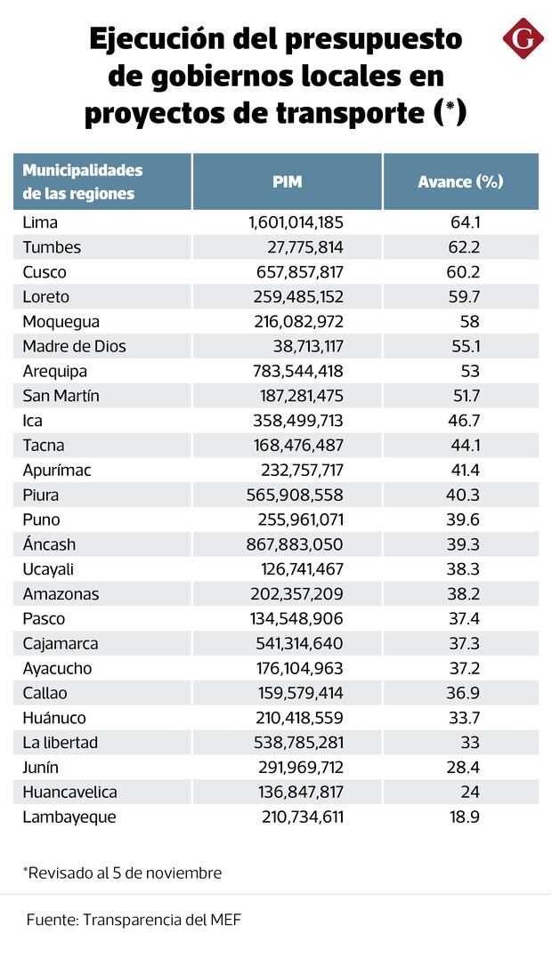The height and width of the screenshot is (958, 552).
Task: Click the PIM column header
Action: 287,181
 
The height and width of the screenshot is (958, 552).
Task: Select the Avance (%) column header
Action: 460,181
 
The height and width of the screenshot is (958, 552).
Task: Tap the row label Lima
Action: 40,222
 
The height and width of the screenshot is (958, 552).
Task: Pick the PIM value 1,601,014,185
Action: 296,222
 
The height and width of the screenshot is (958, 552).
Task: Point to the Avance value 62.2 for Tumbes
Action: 463,247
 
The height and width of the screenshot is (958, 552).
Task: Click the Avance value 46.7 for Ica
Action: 463,421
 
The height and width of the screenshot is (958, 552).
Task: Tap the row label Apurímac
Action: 57,470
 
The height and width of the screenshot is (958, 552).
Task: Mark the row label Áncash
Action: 49,544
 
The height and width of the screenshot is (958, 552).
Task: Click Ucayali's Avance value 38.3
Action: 463,569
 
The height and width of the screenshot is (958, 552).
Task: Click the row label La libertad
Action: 61,743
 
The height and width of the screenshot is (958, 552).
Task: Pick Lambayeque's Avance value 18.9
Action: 463,817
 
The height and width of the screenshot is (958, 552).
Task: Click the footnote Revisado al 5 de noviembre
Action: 122,873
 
